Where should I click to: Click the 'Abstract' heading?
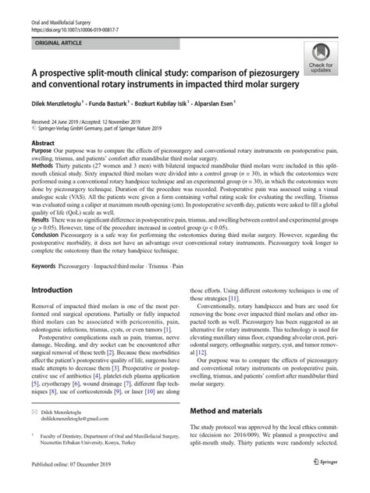[42, 144]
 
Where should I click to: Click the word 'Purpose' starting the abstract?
[43, 153]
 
